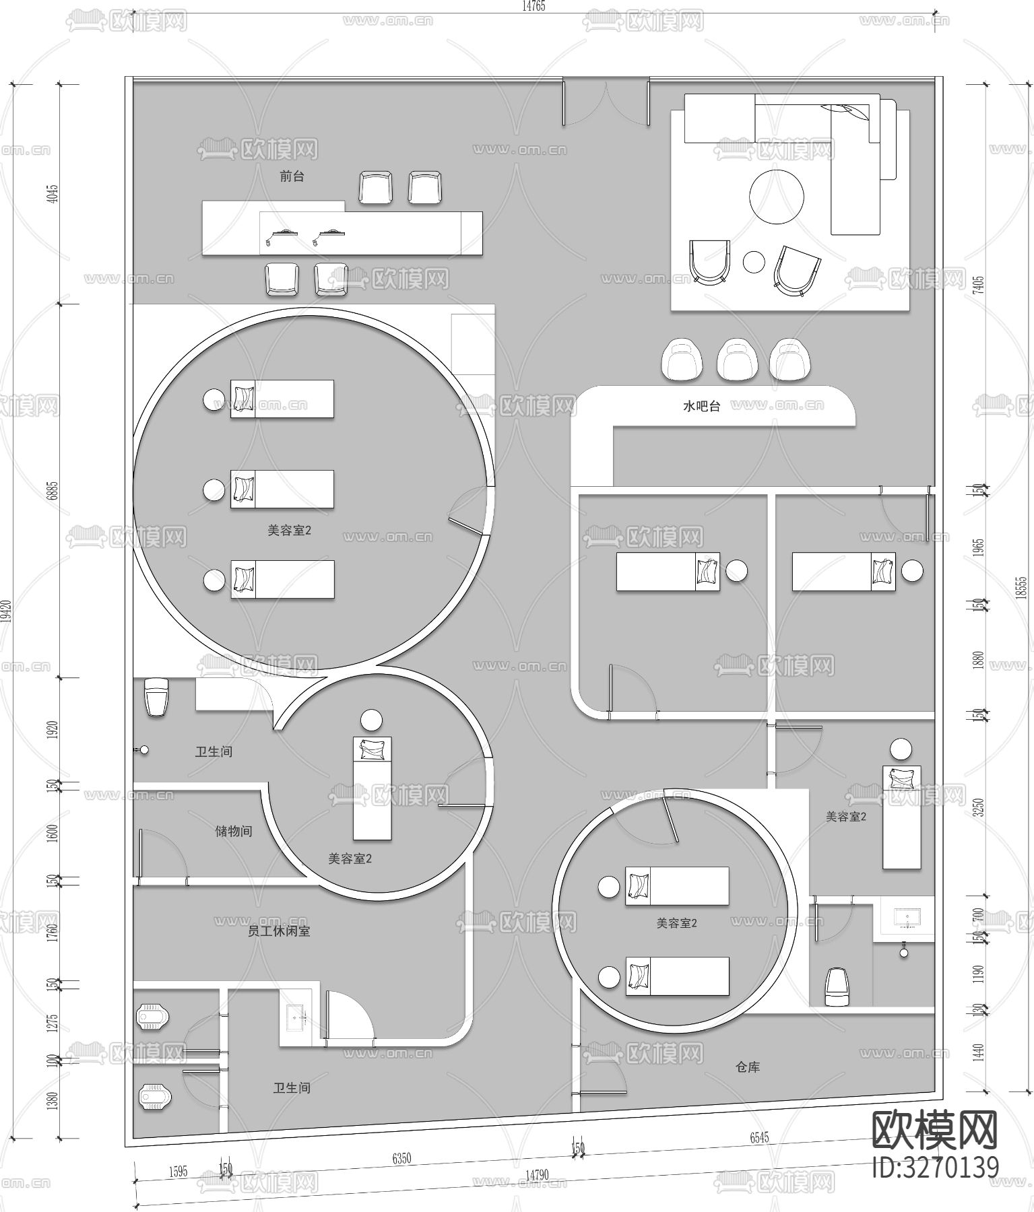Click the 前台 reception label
point(292,176)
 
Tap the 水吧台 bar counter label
point(701,407)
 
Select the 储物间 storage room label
point(233,831)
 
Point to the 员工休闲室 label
point(279,931)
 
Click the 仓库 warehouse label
point(748,1067)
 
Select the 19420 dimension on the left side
point(8,612)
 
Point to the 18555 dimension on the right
point(1021,586)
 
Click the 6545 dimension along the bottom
point(759,1139)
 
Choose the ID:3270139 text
point(935,1167)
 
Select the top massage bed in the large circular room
point(282,399)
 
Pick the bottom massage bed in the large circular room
point(283,580)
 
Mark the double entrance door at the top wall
point(606,104)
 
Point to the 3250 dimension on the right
point(979,807)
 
